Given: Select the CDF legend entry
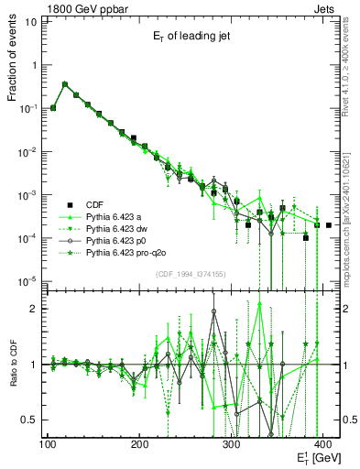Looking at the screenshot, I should (94, 204).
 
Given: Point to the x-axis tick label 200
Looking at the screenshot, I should (139, 445).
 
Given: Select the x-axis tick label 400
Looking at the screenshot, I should (324, 445).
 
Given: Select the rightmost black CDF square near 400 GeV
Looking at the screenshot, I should (329, 224).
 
